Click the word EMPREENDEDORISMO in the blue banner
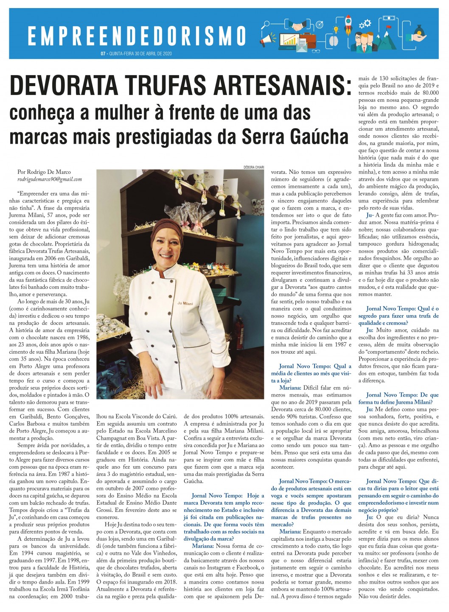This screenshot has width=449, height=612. tap(137, 36)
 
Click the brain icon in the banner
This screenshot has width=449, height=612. tap(334, 40)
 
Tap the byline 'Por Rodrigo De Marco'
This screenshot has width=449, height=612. tap(44, 172)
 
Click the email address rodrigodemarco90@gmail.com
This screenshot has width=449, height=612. tap(50, 179)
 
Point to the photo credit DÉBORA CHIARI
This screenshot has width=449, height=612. tap(254, 167)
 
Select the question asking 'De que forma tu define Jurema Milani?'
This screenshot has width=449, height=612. tap(398, 398)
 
